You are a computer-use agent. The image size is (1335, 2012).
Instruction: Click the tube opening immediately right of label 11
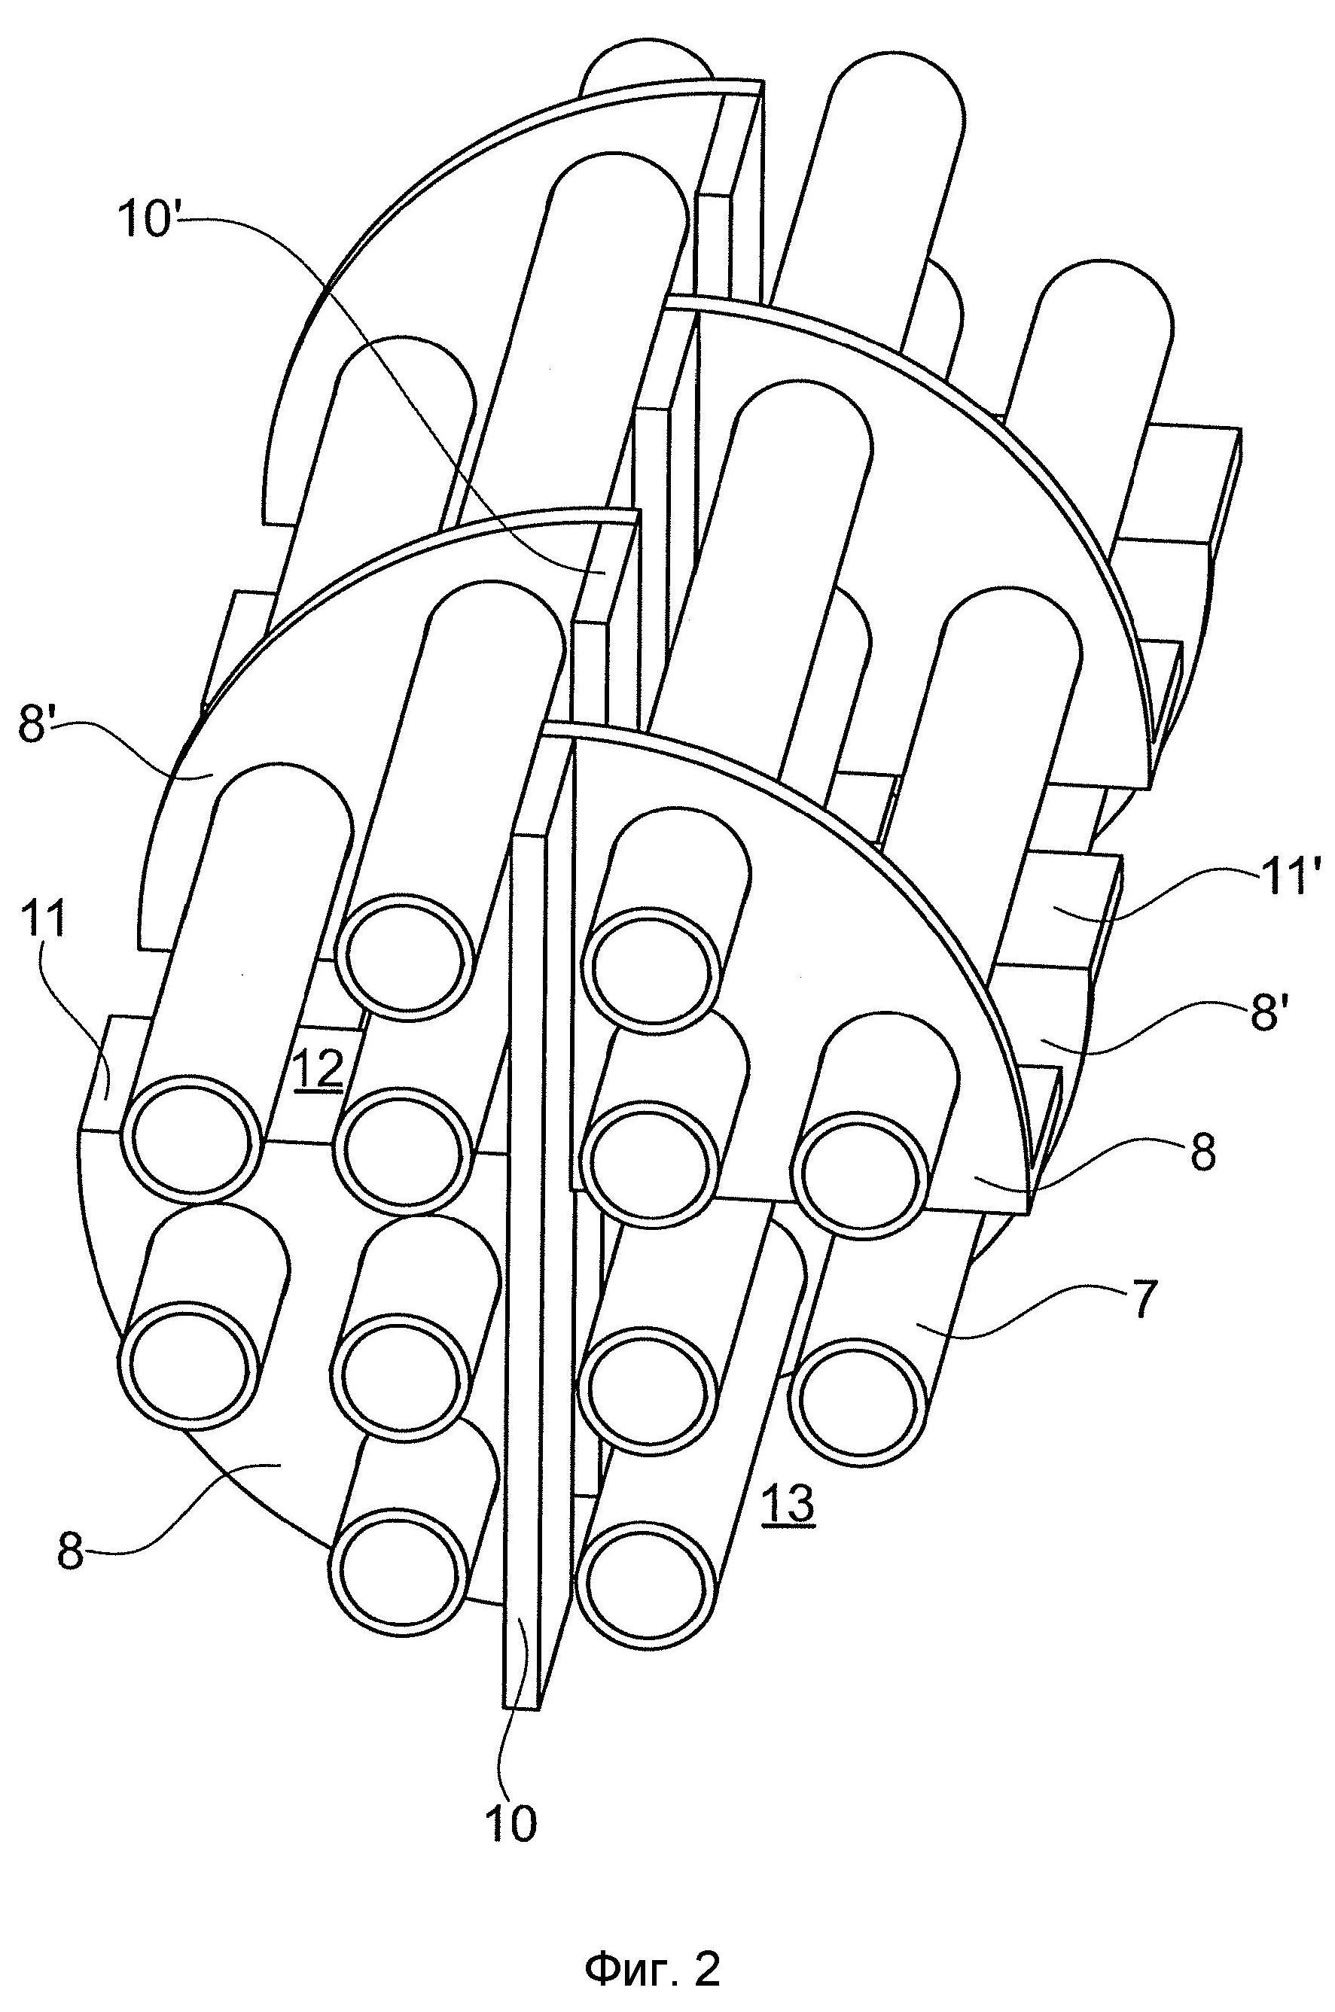pyautogui.click(x=191, y=1143)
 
